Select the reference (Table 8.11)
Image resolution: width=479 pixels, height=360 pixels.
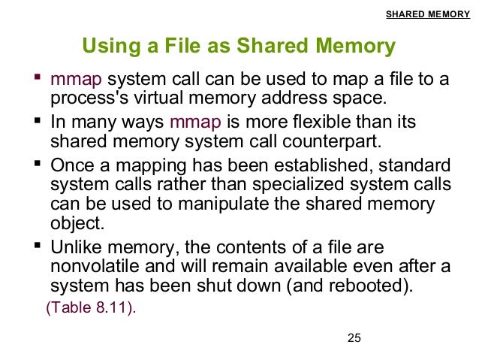click(x=92, y=307)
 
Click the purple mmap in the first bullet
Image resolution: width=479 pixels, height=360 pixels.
click(x=71, y=79)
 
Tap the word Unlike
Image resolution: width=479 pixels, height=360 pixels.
click(x=72, y=247)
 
